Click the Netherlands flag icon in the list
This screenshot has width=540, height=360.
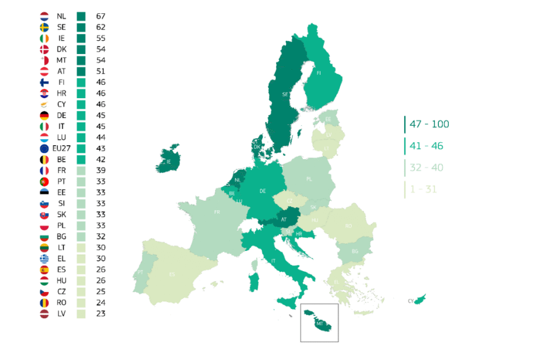point(44,16)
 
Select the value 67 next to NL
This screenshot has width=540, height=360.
point(101,16)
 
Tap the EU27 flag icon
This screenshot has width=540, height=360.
point(44,148)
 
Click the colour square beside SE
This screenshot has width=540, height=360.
point(81,27)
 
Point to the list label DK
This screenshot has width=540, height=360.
point(62,49)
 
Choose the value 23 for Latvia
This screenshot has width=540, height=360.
point(101,314)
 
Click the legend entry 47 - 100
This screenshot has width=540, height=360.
point(429,124)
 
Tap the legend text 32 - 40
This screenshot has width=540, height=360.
point(426,168)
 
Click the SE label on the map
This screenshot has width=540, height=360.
point(285,93)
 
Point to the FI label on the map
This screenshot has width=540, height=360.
point(319,74)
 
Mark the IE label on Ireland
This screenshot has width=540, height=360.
point(168,161)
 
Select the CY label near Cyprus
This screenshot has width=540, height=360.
point(411,301)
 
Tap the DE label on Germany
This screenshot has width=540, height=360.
point(263,190)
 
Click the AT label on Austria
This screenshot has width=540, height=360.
point(284,219)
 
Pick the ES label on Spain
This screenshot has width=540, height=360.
point(172,274)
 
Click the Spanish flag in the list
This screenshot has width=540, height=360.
point(44,269)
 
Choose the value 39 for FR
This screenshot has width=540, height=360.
point(101,170)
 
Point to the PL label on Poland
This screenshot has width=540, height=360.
point(309,179)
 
